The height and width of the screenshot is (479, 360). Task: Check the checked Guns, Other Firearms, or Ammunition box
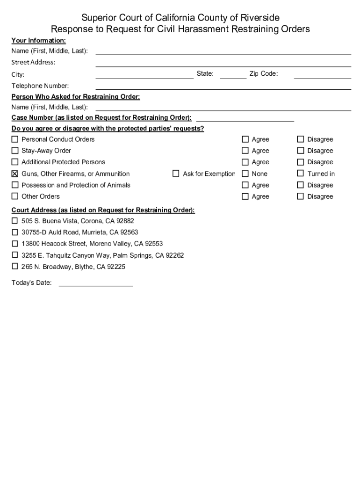15,174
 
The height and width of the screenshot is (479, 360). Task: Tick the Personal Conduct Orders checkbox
15,139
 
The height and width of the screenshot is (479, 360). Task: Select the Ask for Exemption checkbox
176,174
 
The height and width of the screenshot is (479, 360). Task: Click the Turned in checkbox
300,174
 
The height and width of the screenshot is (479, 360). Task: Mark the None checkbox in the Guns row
245,174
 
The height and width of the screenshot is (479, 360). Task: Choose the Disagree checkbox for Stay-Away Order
300,151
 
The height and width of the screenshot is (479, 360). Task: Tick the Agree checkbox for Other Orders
245,196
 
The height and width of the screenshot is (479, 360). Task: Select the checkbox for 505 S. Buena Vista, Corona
15,221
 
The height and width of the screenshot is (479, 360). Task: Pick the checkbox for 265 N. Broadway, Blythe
15,267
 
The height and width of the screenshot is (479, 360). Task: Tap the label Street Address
33,62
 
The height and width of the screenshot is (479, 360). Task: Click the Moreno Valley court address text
92,244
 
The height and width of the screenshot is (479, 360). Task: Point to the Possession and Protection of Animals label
76,185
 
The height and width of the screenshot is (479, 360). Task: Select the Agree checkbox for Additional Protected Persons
245,162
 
